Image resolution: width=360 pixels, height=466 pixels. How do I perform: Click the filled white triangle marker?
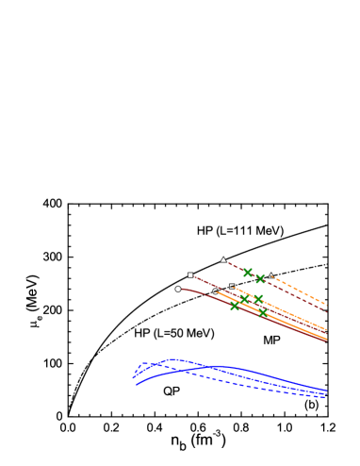click(223, 259)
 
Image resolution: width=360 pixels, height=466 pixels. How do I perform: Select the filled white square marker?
click(190, 275)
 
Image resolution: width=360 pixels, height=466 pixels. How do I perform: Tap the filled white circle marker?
click(178, 289)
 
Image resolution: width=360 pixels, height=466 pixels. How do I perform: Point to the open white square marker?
click(232, 287)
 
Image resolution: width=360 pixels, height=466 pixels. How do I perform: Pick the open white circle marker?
click(215, 291)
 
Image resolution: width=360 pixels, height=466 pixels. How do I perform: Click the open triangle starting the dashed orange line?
click(271, 275)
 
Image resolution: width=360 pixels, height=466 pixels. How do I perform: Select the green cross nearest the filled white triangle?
click(248, 273)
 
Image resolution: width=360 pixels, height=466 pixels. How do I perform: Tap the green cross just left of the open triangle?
click(260, 279)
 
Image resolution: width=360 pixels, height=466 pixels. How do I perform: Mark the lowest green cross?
click(263, 312)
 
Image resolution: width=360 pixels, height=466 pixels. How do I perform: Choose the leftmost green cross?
click(235, 306)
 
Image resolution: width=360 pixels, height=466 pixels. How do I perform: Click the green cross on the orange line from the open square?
click(258, 298)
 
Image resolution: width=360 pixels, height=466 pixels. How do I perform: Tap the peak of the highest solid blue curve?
click(172, 359)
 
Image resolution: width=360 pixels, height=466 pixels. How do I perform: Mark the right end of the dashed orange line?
click(326, 304)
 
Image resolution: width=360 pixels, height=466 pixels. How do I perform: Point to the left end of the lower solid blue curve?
click(138, 384)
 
